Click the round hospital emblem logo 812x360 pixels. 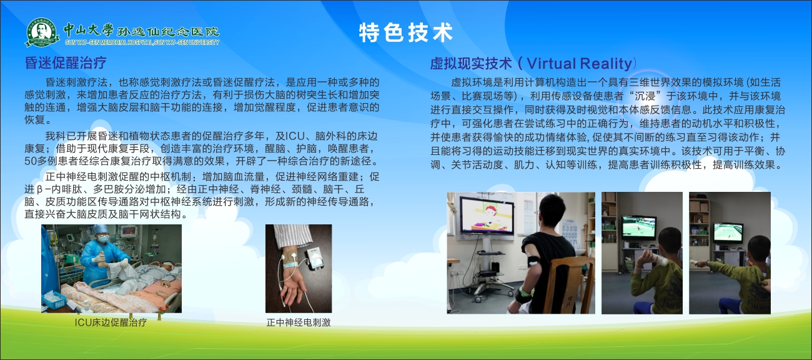pos(42,32)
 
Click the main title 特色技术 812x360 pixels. pos(406,32)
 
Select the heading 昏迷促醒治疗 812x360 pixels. pos(65,62)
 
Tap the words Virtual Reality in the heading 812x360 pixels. pos(579,64)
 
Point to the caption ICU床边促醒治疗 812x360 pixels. pos(111,322)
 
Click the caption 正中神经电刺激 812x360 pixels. pos(299,322)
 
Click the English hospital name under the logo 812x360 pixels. pos(142,42)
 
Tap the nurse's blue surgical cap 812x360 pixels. pos(101,229)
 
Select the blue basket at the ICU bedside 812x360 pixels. pos(54,300)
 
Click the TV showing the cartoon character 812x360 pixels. pos(487,216)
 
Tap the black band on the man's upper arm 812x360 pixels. pos(535,261)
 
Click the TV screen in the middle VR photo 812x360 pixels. pos(639,227)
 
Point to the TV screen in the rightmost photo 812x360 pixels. pos(728,232)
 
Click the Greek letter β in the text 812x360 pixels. pos(40,190)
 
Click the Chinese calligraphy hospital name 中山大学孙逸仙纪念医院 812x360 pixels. pos(142,31)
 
